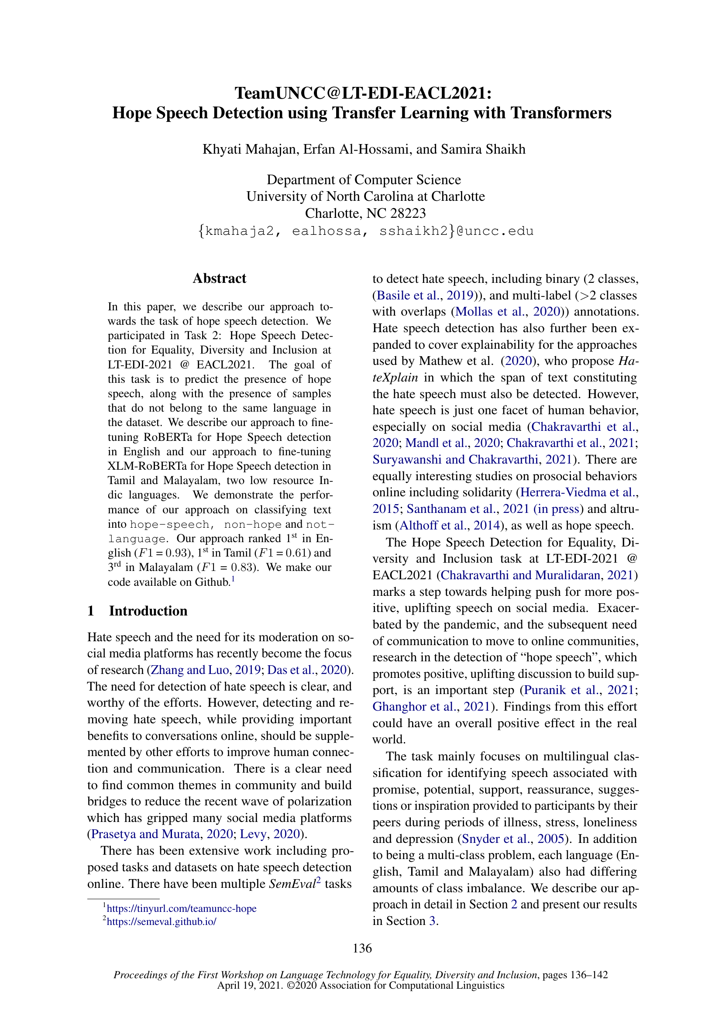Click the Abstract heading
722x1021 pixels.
219,278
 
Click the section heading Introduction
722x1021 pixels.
148,611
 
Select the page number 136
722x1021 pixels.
362,948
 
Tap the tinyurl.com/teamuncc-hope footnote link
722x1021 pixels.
182,908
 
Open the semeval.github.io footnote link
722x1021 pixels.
162,921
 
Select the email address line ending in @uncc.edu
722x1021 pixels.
365,231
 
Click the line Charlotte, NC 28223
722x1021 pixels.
365,213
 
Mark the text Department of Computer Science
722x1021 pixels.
364,180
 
